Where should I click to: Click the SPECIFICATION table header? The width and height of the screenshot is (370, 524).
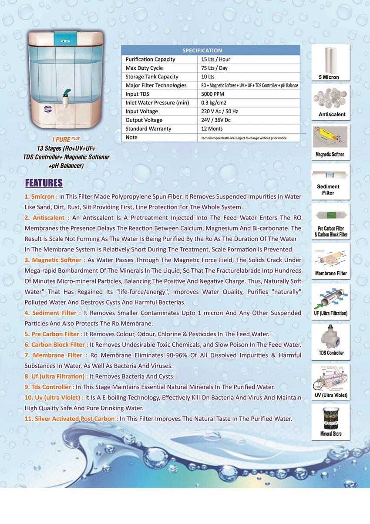pos(202,51)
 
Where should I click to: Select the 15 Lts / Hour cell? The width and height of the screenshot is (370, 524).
pos(216,59)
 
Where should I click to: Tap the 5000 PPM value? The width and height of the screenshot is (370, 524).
pos(212,94)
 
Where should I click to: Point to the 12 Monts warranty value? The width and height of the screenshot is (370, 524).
pos(212,128)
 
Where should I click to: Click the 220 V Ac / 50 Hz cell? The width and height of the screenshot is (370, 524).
pos(220,112)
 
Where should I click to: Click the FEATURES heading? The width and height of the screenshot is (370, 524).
pos(44,183)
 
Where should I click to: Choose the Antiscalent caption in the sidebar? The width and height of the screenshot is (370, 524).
pos(331,115)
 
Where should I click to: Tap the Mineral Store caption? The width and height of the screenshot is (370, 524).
pos(331,434)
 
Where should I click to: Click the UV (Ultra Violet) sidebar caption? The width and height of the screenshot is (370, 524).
pos(331,395)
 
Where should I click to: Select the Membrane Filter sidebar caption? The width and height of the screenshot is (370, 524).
pos(331,274)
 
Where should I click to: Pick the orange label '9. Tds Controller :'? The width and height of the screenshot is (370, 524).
pos(49,387)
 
